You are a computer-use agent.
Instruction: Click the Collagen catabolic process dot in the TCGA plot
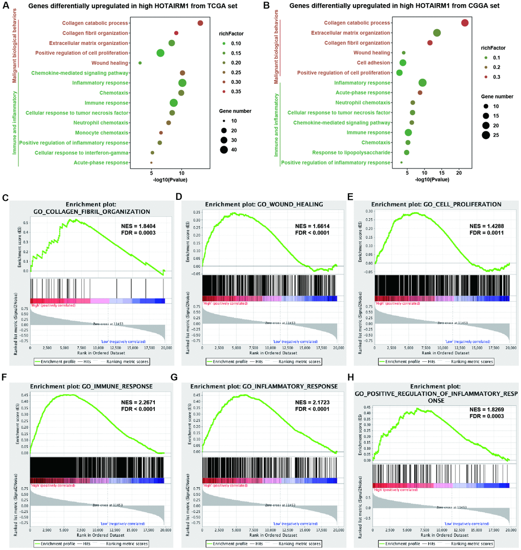(x=200, y=23)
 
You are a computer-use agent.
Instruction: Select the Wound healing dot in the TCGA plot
(x=140, y=63)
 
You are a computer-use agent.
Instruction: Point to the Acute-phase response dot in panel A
(x=151, y=163)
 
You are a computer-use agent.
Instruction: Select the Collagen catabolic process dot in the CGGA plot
(x=464, y=22)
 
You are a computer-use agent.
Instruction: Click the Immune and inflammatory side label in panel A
(x=15, y=123)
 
